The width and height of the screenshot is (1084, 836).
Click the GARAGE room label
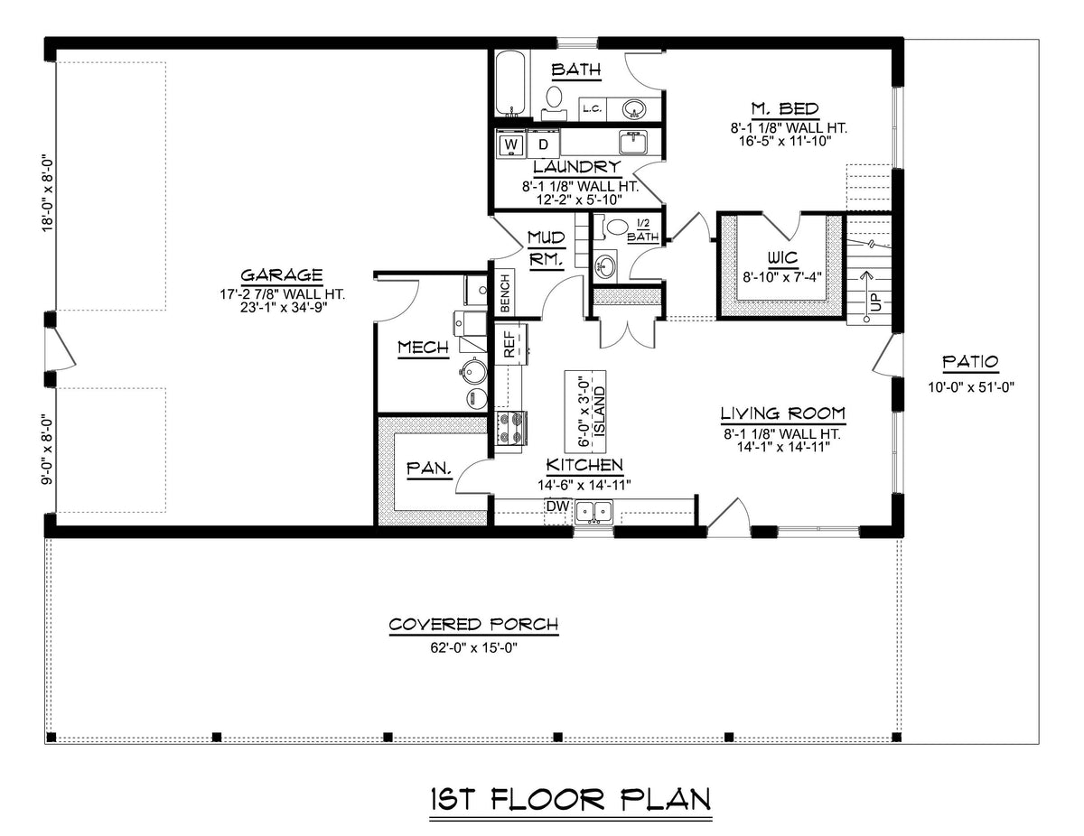[x=282, y=275]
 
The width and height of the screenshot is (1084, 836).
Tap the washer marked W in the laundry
[x=511, y=144]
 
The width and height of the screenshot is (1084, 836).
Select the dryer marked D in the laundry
[x=543, y=144]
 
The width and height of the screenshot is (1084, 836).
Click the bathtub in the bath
[x=509, y=83]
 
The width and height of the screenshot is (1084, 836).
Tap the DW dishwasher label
[x=555, y=506]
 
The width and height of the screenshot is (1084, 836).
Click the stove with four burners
[x=510, y=429]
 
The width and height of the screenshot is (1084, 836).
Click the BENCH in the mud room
[x=503, y=293]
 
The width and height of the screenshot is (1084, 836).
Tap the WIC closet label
[x=780, y=256]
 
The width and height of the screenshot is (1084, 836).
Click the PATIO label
[x=970, y=362]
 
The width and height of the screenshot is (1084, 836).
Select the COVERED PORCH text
[x=473, y=625]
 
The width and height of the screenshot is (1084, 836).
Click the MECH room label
[x=423, y=348]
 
